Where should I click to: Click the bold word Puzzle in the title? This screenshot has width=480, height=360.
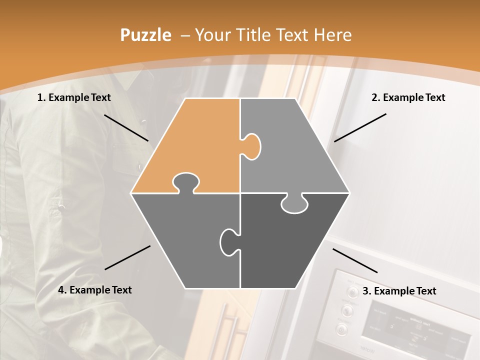tap(145, 35)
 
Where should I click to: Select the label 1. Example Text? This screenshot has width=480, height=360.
tap(74, 97)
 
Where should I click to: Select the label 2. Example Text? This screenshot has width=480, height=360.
tap(408, 97)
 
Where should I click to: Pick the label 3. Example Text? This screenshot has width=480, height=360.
tap(399, 291)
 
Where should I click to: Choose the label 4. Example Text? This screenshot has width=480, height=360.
tap(95, 290)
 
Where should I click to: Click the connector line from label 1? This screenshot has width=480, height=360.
tap(126, 127)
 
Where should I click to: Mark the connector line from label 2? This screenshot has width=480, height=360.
tap(360, 127)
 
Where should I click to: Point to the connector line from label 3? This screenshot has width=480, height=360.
tap(355, 260)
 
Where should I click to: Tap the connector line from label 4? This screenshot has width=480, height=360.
tap(127, 257)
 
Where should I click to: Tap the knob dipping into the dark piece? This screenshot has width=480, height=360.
tap(294, 204)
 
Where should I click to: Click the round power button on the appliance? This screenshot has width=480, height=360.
tap(342, 329)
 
